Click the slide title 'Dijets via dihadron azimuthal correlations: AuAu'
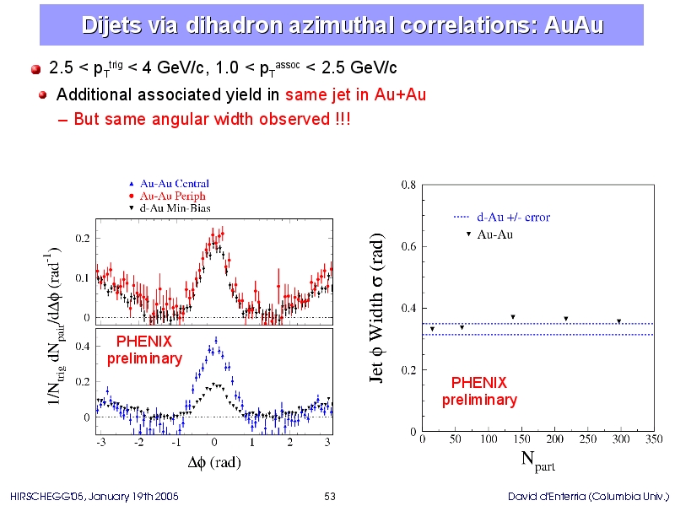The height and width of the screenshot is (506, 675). click(343, 25)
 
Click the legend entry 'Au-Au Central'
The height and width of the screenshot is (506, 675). click(170, 184)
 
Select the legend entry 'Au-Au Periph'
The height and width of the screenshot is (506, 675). click(167, 196)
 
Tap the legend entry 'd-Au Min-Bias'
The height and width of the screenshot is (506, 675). click(170, 208)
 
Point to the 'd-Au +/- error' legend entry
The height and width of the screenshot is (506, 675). click(502, 217)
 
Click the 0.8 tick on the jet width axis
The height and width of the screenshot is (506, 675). click(408, 185)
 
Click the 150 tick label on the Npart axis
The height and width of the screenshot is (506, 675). click(521, 439)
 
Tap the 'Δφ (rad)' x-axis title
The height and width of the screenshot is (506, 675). click(214, 462)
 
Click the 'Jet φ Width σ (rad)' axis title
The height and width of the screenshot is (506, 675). click(376, 308)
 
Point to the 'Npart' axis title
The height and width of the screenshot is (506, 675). click(537, 461)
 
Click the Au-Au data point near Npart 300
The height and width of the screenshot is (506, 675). click(618, 321)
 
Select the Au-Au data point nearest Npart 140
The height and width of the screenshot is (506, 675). click(513, 317)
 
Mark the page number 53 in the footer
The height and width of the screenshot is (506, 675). click(330, 497)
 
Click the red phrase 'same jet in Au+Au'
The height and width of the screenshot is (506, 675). click(355, 94)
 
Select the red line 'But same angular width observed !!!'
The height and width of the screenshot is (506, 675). click(212, 119)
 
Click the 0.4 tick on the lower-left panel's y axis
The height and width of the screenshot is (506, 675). click(83, 347)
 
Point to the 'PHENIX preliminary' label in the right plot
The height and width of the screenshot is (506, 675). click(479, 391)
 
